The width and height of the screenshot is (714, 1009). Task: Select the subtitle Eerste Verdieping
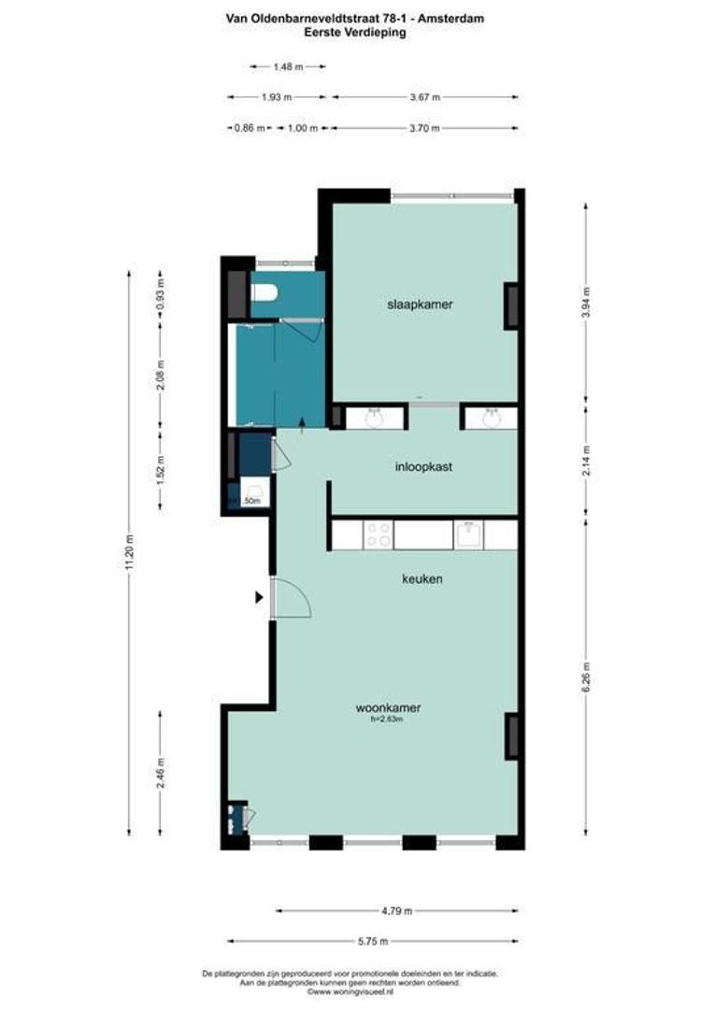pos(356,31)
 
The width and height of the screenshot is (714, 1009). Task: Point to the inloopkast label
pos(422,466)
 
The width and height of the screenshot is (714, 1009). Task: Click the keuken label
pos(421,579)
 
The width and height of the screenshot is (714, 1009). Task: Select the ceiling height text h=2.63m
pos(388,719)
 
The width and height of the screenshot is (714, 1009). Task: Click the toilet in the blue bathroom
pos(264,293)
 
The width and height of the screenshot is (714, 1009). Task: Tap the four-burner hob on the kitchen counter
pos(378,535)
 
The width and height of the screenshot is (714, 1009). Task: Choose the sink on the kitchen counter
pos(468,535)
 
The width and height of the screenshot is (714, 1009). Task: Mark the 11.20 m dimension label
pos(130,552)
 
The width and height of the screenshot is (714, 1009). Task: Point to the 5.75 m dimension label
pos(372,941)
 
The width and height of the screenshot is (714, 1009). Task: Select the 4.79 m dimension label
pos(397,910)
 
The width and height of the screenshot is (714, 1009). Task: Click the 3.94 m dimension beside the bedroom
pos(586,303)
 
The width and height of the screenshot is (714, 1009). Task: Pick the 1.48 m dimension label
pos(288,66)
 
